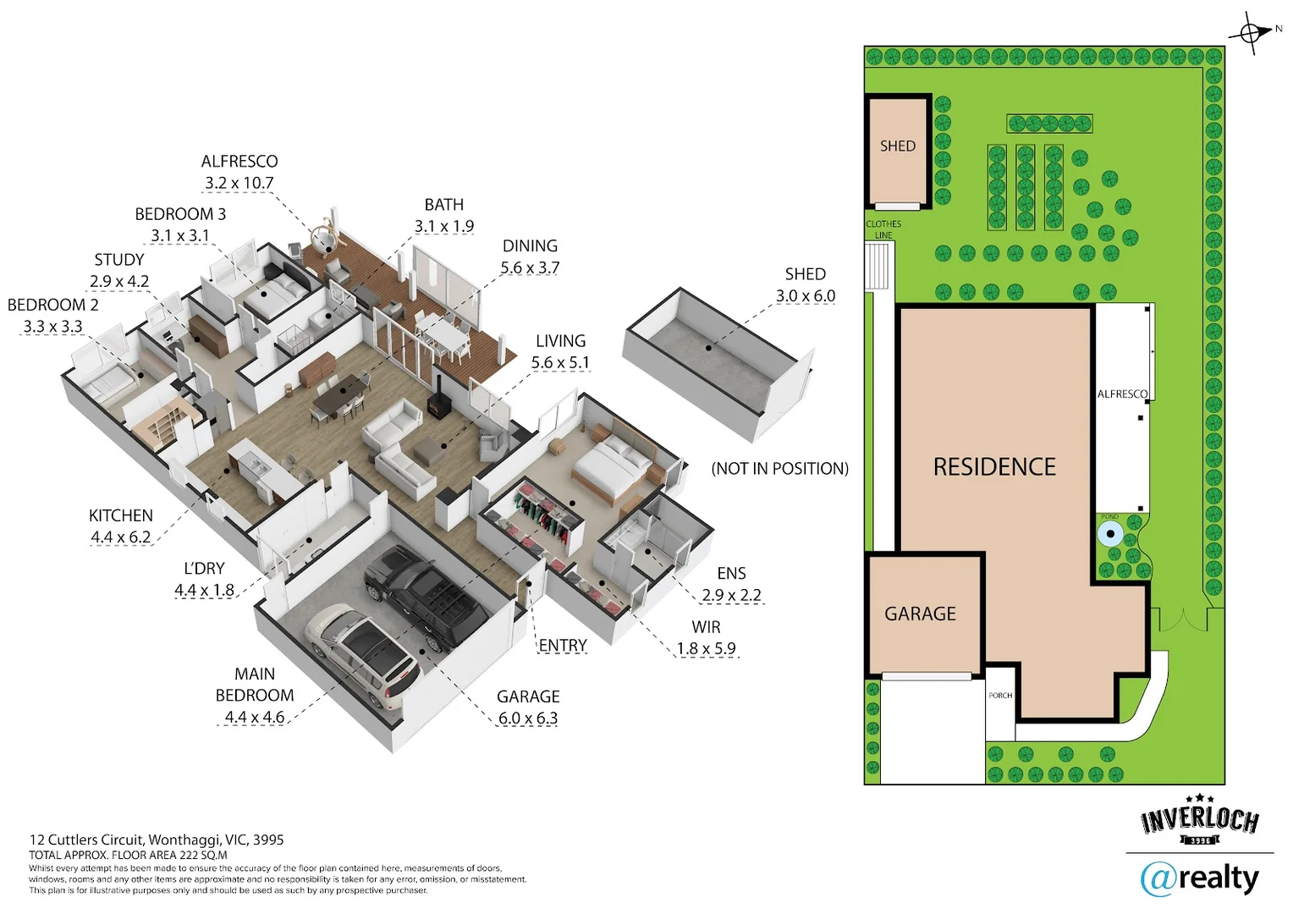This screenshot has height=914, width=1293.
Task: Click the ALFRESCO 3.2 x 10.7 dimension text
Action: [239, 183]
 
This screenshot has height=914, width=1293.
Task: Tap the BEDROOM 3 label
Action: [180, 214]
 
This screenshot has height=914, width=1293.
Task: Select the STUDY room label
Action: [119, 260]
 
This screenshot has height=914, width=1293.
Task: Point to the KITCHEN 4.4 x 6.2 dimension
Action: [120, 537]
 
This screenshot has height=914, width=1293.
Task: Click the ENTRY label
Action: [563, 646]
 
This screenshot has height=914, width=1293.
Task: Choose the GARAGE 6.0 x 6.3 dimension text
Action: [527, 719]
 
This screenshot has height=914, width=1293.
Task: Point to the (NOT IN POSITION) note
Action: [779, 469]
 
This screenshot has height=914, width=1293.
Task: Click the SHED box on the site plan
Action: [898, 151]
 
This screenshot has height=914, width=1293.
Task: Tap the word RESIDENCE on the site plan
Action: [994, 467]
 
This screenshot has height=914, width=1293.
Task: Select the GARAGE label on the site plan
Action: [920, 614]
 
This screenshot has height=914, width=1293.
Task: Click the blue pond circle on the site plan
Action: [1109, 534]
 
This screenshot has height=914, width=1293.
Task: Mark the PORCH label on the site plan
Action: [1000, 696]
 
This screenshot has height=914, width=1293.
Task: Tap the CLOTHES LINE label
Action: [883, 229]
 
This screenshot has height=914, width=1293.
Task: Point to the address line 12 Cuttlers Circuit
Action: [157, 840]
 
